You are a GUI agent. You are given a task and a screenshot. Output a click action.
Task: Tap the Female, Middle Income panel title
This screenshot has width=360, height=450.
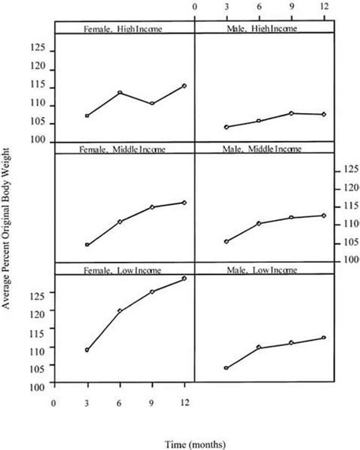click(123, 149)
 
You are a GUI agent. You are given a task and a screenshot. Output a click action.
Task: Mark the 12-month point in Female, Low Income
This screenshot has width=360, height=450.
click(184, 278)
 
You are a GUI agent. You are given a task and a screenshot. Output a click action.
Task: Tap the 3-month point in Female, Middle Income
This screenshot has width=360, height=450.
click(87, 245)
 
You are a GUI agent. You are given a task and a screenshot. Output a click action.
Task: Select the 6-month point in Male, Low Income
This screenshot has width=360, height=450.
click(259, 348)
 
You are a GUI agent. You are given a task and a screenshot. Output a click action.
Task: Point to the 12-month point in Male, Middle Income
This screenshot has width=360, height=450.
click(324, 216)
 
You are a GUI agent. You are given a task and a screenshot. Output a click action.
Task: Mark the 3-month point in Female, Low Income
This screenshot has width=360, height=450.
click(87, 351)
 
